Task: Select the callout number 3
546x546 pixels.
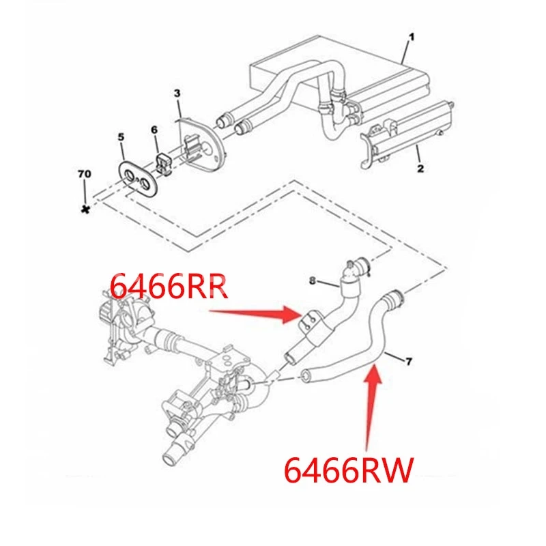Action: pos(177,92)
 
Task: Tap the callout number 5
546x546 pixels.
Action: pos(121,138)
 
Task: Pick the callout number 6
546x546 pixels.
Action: pos(154,130)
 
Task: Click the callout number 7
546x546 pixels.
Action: pos(409,360)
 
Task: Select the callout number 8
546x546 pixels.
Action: pos(312,281)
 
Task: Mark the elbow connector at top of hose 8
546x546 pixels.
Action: pos(356,267)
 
